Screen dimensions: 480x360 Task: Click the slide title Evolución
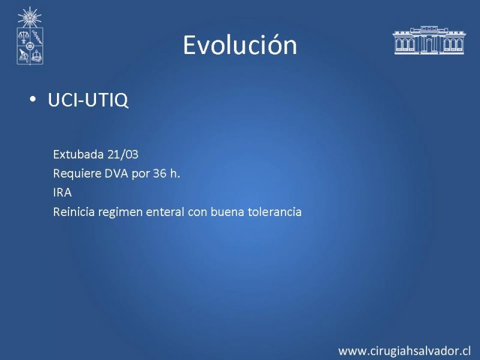pyautogui.click(x=240, y=45)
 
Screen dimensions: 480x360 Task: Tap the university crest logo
pyautogui.click(x=29, y=36)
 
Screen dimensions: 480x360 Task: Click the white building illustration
pyautogui.click(x=429, y=40)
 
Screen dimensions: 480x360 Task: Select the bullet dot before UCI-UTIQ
pyautogui.click(x=33, y=99)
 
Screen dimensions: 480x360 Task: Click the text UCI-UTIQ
pyautogui.click(x=88, y=100)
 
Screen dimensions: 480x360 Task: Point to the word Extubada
pyautogui.click(x=79, y=154)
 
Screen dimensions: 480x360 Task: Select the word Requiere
pyautogui.click(x=77, y=173)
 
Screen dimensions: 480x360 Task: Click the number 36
pyautogui.click(x=160, y=173)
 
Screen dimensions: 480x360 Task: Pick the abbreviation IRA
pyautogui.click(x=62, y=193)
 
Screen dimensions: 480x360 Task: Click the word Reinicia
pyautogui.click(x=74, y=212)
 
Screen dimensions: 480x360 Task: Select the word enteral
pyautogui.click(x=165, y=212)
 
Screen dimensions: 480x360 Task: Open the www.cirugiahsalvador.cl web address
pyautogui.click(x=404, y=351)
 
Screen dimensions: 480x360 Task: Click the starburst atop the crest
pyautogui.click(x=29, y=17)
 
